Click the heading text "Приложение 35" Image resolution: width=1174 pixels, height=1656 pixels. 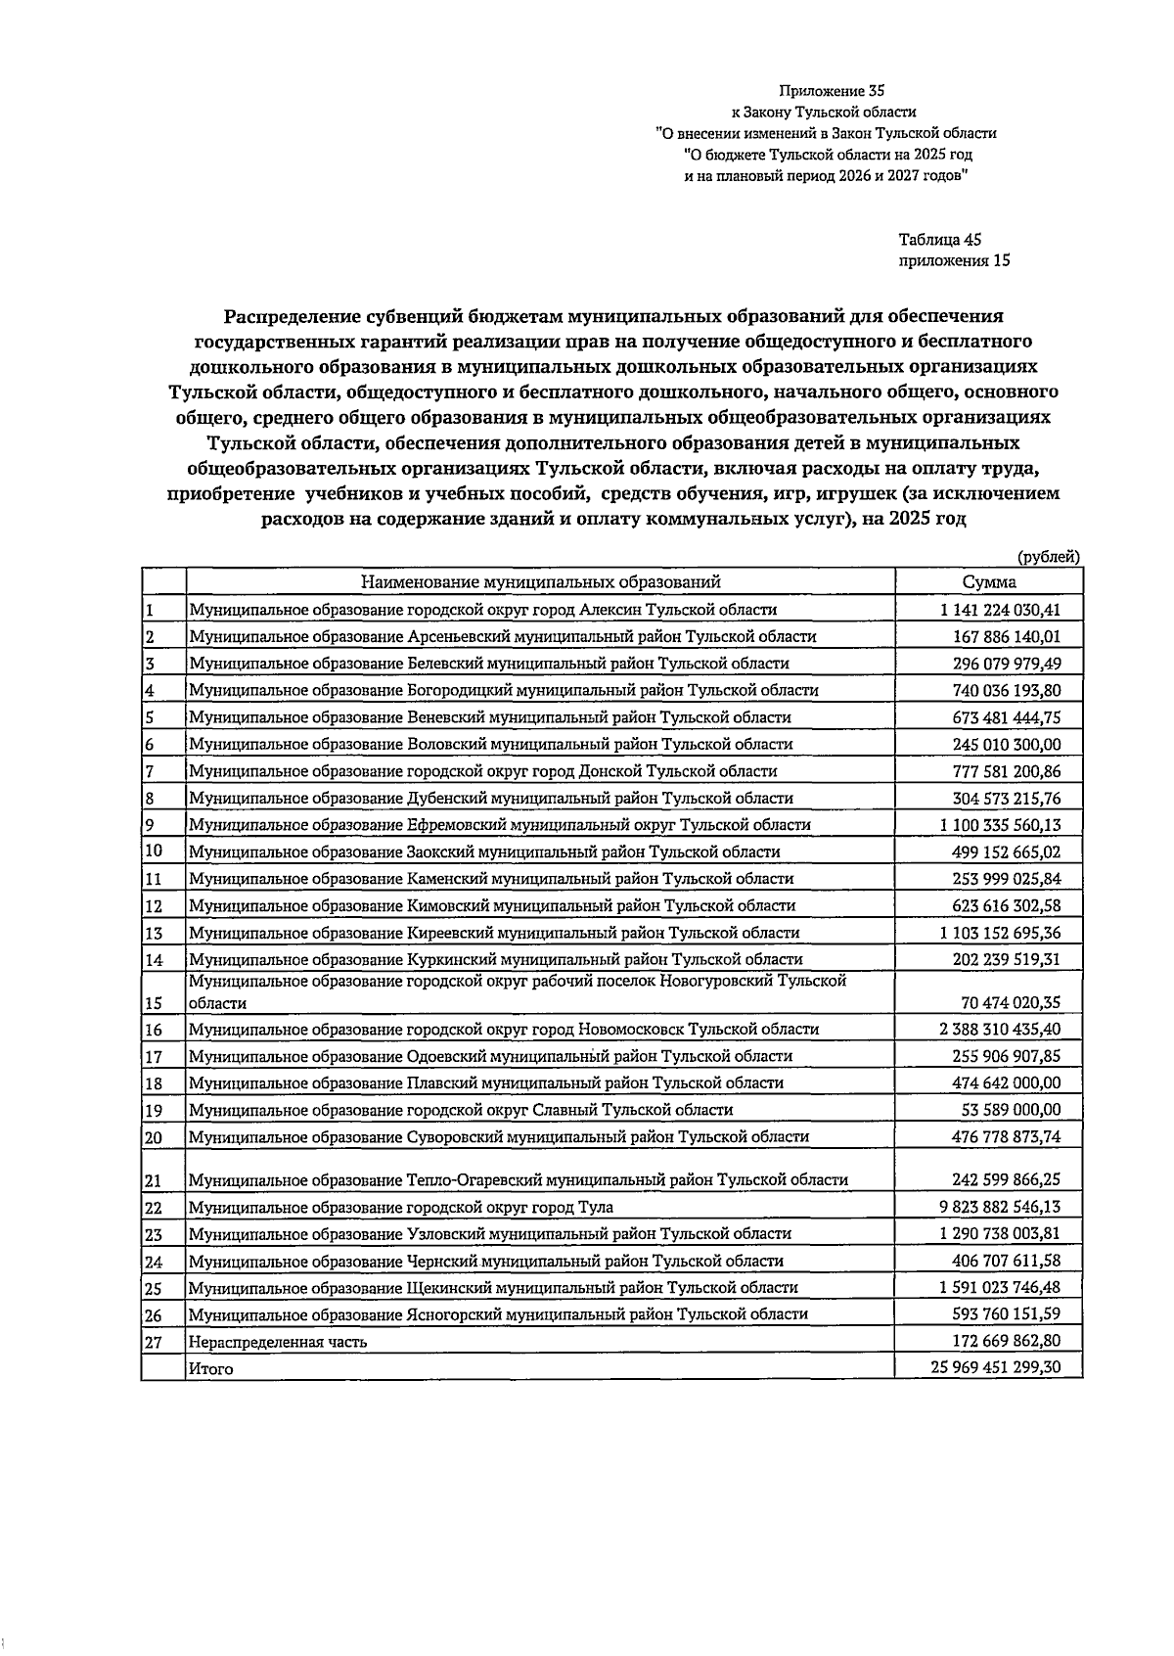tap(825, 91)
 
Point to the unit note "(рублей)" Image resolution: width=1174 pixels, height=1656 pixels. tap(1049, 557)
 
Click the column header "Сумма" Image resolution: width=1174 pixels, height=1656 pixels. tap(988, 582)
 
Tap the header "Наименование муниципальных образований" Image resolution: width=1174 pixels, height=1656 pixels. tap(540, 582)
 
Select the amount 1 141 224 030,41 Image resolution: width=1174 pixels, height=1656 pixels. tap(1000, 610)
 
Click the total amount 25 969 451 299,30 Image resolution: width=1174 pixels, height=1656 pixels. tap(996, 1368)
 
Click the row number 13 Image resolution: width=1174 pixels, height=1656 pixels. tap(153, 934)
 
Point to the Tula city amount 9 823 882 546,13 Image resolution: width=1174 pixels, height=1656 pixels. tap(1000, 1208)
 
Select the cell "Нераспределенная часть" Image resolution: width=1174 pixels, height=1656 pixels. tap(279, 1342)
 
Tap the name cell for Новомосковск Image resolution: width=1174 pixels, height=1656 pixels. tap(504, 1030)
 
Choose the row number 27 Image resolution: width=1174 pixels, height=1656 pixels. tap(153, 1342)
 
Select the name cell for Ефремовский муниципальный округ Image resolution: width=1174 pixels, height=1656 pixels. tap(500, 825)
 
